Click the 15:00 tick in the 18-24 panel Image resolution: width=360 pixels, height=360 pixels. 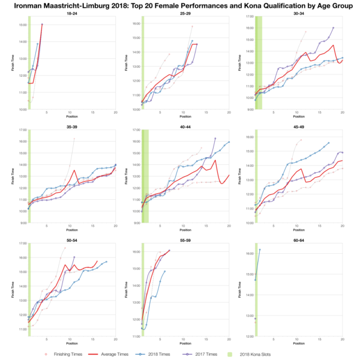(x=22, y=25)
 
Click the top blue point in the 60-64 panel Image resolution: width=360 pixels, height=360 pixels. (x=260, y=250)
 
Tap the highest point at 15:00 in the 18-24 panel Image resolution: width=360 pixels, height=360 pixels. (x=42, y=25)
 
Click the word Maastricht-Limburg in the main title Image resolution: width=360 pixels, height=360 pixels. (x=110, y=4)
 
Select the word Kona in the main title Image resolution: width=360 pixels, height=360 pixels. (x=247, y=4)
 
